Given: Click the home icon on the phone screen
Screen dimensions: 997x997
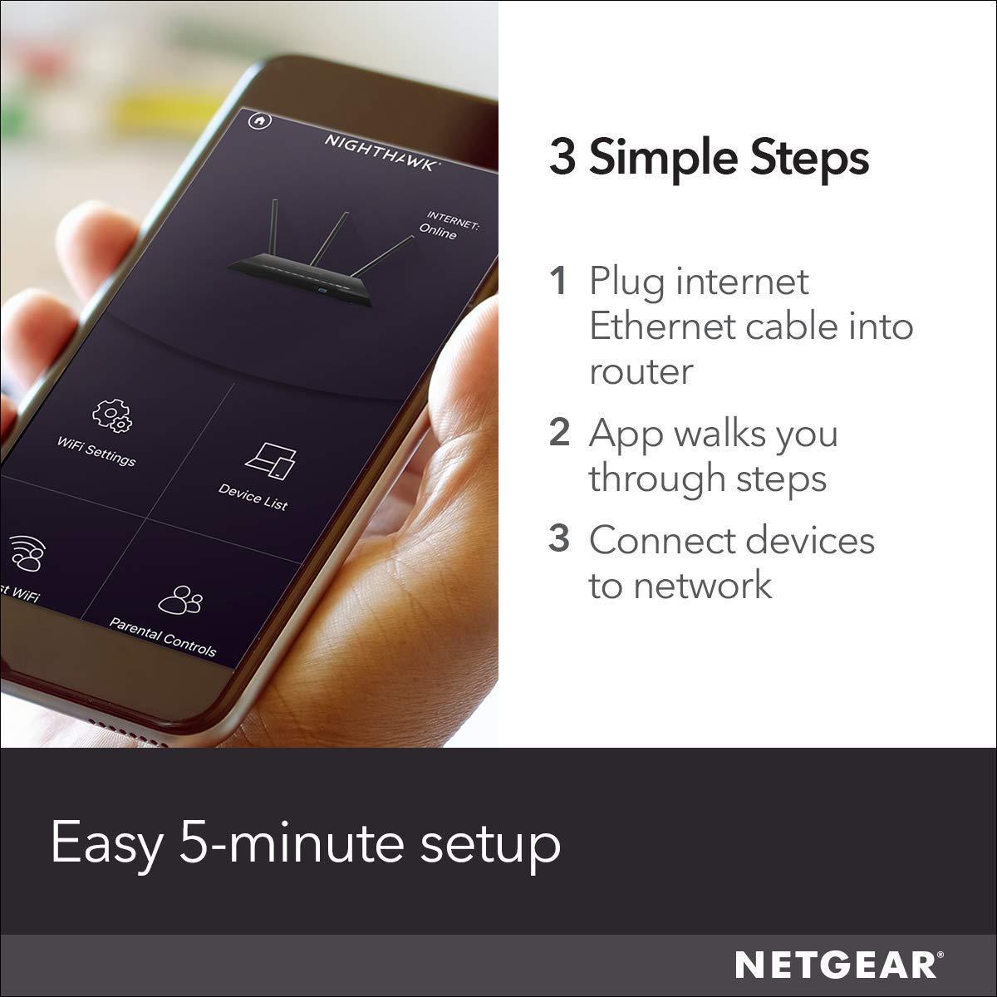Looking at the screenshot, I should click(x=260, y=120).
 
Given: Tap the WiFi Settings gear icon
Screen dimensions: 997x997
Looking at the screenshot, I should click(x=111, y=415).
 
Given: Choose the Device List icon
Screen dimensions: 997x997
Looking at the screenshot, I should click(x=270, y=459).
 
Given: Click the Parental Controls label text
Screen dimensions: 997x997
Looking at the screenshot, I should click(x=163, y=636).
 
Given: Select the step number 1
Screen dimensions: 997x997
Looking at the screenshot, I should click(x=559, y=282).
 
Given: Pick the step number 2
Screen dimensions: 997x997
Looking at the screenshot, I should click(x=559, y=433).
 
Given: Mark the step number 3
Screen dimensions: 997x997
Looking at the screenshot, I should click(x=559, y=539).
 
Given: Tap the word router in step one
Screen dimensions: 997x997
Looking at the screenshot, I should click(x=640, y=371).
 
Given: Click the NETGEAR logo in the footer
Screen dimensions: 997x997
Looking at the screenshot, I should click(x=838, y=965).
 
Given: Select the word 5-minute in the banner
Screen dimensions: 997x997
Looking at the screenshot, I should click(x=292, y=842).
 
